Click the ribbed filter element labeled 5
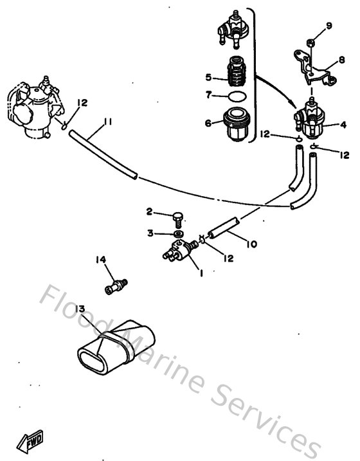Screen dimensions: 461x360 click(238, 75)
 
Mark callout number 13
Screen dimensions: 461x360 click(80, 309)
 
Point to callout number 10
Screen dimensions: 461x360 click(251, 244)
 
